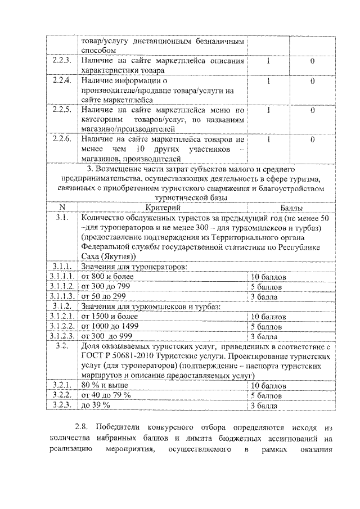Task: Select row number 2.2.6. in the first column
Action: coord(61,138)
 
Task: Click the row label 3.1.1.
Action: coord(61,267)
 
